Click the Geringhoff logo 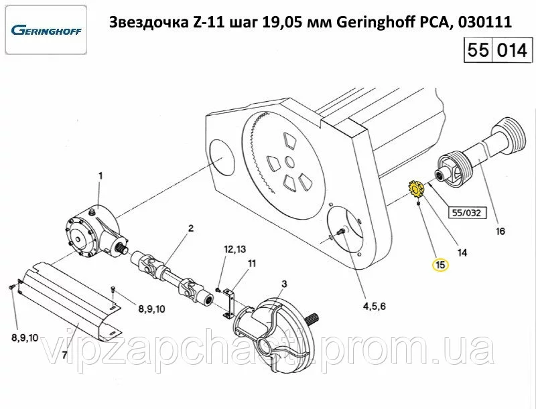[46, 30]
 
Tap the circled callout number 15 [441, 264]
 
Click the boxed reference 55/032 [466, 213]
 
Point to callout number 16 [500, 232]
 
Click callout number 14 [462, 252]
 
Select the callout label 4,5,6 [374, 306]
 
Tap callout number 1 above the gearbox [100, 176]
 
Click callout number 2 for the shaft [191, 228]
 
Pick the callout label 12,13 [235, 249]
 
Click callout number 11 [252, 264]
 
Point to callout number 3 [284, 284]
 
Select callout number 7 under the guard [64, 355]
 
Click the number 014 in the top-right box [512, 50]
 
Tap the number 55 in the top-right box [478, 50]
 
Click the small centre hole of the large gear [289, 163]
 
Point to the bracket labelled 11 [228, 303]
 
